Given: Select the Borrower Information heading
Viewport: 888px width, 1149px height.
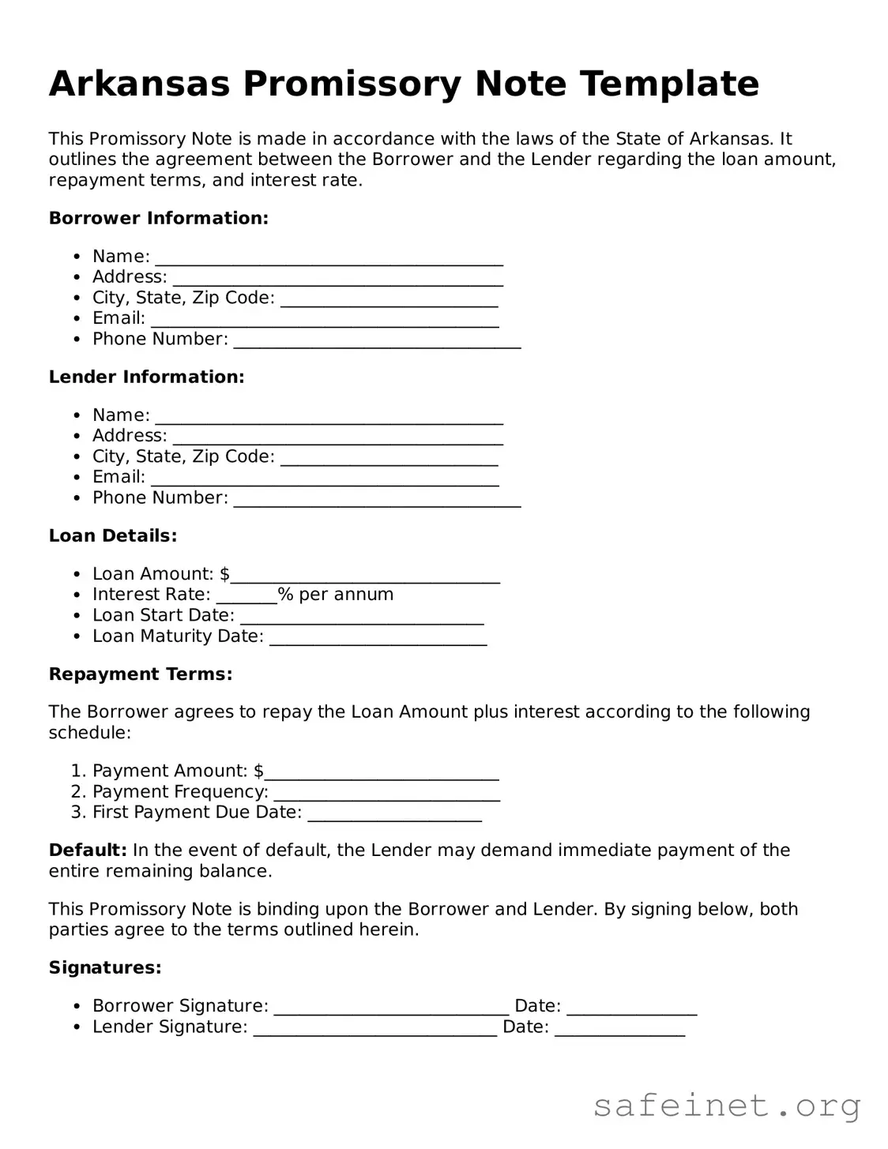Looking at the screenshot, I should click(159, 218).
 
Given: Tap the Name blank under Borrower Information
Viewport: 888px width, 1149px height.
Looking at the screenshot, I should click(329, 259).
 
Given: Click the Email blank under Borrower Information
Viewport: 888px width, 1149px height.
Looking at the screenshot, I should click(325, 321).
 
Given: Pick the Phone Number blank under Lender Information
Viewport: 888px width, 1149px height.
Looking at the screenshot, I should click(377, 500).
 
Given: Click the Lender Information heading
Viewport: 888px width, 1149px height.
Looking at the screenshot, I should click(146, 377).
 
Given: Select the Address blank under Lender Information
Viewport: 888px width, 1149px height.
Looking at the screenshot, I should click(337, 438).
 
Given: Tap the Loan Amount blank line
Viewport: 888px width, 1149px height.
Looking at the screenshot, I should click(364, 576).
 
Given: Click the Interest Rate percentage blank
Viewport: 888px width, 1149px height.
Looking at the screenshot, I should click(246, 597).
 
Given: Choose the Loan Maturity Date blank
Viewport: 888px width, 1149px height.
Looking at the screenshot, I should click(378, 639).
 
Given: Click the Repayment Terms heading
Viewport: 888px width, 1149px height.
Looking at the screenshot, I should click(141, 674).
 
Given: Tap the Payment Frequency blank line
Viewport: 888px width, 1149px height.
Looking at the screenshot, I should click(386, 794).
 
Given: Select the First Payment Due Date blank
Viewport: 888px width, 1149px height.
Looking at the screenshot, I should click(394, 815).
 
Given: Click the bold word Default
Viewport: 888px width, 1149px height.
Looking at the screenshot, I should click(88, 850).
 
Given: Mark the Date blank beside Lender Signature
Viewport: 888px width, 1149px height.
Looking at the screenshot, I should click(619, 1030).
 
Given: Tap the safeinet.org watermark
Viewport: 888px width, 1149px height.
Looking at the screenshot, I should click(727, 1106).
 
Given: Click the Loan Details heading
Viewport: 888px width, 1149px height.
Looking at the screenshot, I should click(113, 535).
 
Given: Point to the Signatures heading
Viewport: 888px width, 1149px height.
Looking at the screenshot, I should click(105, 967).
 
